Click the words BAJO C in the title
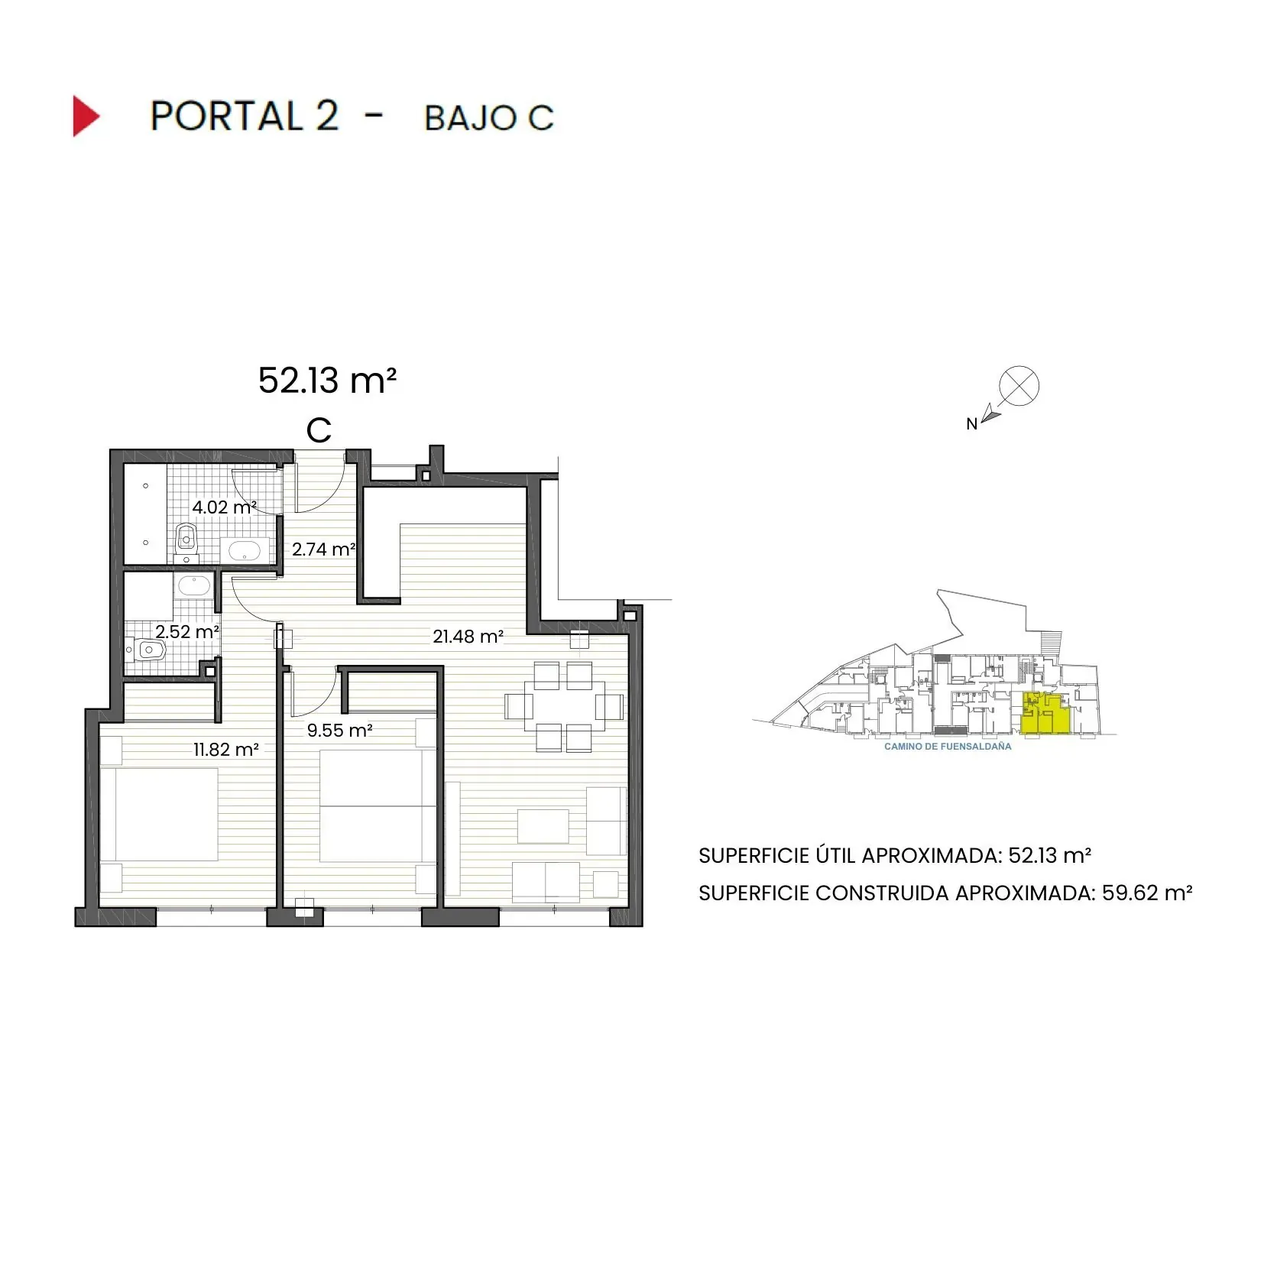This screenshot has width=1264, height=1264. click(488, 118)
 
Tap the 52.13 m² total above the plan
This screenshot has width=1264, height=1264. click(327, 381)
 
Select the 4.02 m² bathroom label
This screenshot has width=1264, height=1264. click(223, 507)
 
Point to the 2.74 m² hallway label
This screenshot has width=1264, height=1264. click(323, 549)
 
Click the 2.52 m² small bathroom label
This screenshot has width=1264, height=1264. click(187, 632)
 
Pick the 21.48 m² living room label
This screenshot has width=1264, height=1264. click(468, 636)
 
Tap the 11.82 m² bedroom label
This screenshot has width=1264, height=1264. click(225, 750)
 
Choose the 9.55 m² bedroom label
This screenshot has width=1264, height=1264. click(339, 731)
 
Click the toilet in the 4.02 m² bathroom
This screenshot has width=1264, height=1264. click(186, 540)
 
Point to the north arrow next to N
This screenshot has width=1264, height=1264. click(991, 414)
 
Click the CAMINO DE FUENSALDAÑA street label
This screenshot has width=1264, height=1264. click(948, 747)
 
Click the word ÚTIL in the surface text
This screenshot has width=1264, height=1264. click(833, 855)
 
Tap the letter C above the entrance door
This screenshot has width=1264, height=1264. click(319, 431)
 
